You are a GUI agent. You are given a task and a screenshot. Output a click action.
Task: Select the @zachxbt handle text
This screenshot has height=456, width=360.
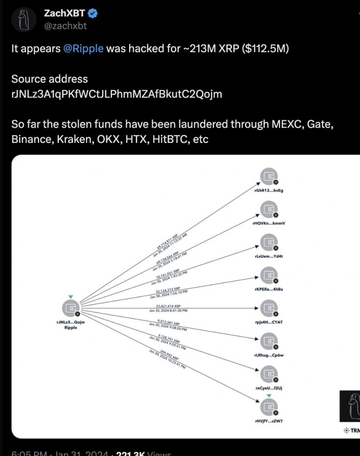(x=65, y=26)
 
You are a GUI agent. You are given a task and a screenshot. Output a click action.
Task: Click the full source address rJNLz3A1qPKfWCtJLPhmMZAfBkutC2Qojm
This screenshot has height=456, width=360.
(x=117, y=94)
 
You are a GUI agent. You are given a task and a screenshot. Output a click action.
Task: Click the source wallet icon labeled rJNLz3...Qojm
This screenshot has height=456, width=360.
(x=71, y=307)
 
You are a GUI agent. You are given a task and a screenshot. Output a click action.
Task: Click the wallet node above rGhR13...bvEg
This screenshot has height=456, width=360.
(x=268, y=176)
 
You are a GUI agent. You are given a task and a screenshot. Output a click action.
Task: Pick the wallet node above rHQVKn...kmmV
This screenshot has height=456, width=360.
(x=268, y=209)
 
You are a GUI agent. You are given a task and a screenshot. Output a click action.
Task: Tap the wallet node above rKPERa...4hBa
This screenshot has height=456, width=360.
(x=268, y=275)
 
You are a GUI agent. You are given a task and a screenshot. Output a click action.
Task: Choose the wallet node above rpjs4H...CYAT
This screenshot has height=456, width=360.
(x=268, y=307)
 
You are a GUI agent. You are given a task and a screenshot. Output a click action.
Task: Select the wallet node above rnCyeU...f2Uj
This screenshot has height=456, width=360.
(x=268, y=373)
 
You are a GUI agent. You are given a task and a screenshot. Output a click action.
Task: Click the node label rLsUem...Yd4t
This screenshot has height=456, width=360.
(x=268, y=256)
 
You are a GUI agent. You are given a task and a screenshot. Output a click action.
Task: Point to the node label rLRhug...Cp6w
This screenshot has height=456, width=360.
(x=268, y=355)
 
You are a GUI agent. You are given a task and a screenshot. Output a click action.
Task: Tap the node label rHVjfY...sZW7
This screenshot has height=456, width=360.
(x=268, y=420)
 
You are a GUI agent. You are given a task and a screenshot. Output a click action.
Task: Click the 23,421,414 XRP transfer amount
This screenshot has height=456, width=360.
(x=168, y=305)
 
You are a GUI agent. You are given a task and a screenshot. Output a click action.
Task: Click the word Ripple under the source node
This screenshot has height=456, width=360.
(x=71, y=328)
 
